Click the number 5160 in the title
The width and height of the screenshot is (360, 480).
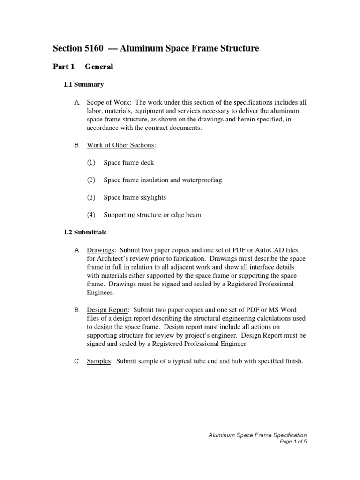(x=92, y=48)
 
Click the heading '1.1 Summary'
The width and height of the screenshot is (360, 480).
(x=83, y=85)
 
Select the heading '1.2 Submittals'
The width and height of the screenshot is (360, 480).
(x=85, y=232)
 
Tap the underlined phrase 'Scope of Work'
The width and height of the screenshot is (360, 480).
(x=108, y=103)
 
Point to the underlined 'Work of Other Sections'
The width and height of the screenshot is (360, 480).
(x=120, y=145)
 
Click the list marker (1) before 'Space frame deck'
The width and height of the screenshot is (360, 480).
(x=91, y=163)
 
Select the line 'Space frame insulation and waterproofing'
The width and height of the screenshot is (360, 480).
(x=163, y=180)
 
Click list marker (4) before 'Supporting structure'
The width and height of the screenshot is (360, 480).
(x=91, y=215)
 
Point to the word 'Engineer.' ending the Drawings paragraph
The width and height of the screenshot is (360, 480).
(x=100, y=292)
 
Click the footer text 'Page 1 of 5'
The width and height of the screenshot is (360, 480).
(x=293, y=442)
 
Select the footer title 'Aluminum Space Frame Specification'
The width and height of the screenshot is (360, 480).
(x=257, y=435)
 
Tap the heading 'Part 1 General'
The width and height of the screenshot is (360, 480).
(x=83, y=67)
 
